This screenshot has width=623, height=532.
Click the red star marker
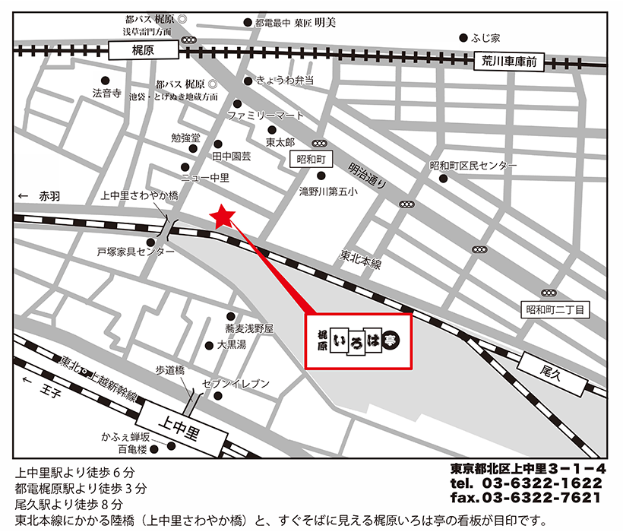[x=222, y=217]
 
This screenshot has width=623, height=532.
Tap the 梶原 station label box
[x=144, y=51]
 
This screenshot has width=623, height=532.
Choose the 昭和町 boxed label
[x=311, y=159]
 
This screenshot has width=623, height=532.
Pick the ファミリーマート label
[x=265, y=116]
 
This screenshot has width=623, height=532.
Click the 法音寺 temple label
[x=107, y=93]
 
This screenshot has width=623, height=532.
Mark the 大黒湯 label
[x=231, y=344]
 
